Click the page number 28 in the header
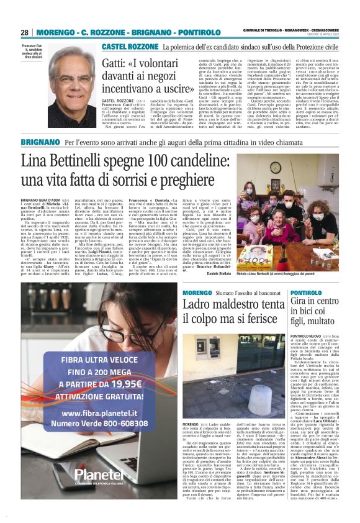24,32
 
